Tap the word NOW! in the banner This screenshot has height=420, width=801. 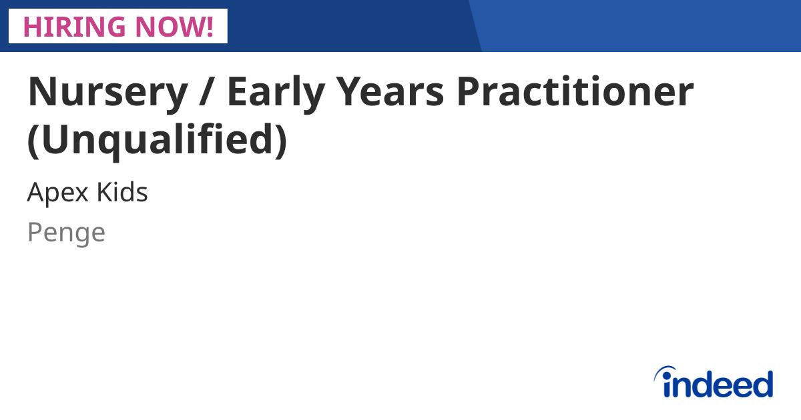coord(176,26)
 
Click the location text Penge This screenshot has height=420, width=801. coord(66,233)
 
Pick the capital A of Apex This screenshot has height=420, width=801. coord(35,193)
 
